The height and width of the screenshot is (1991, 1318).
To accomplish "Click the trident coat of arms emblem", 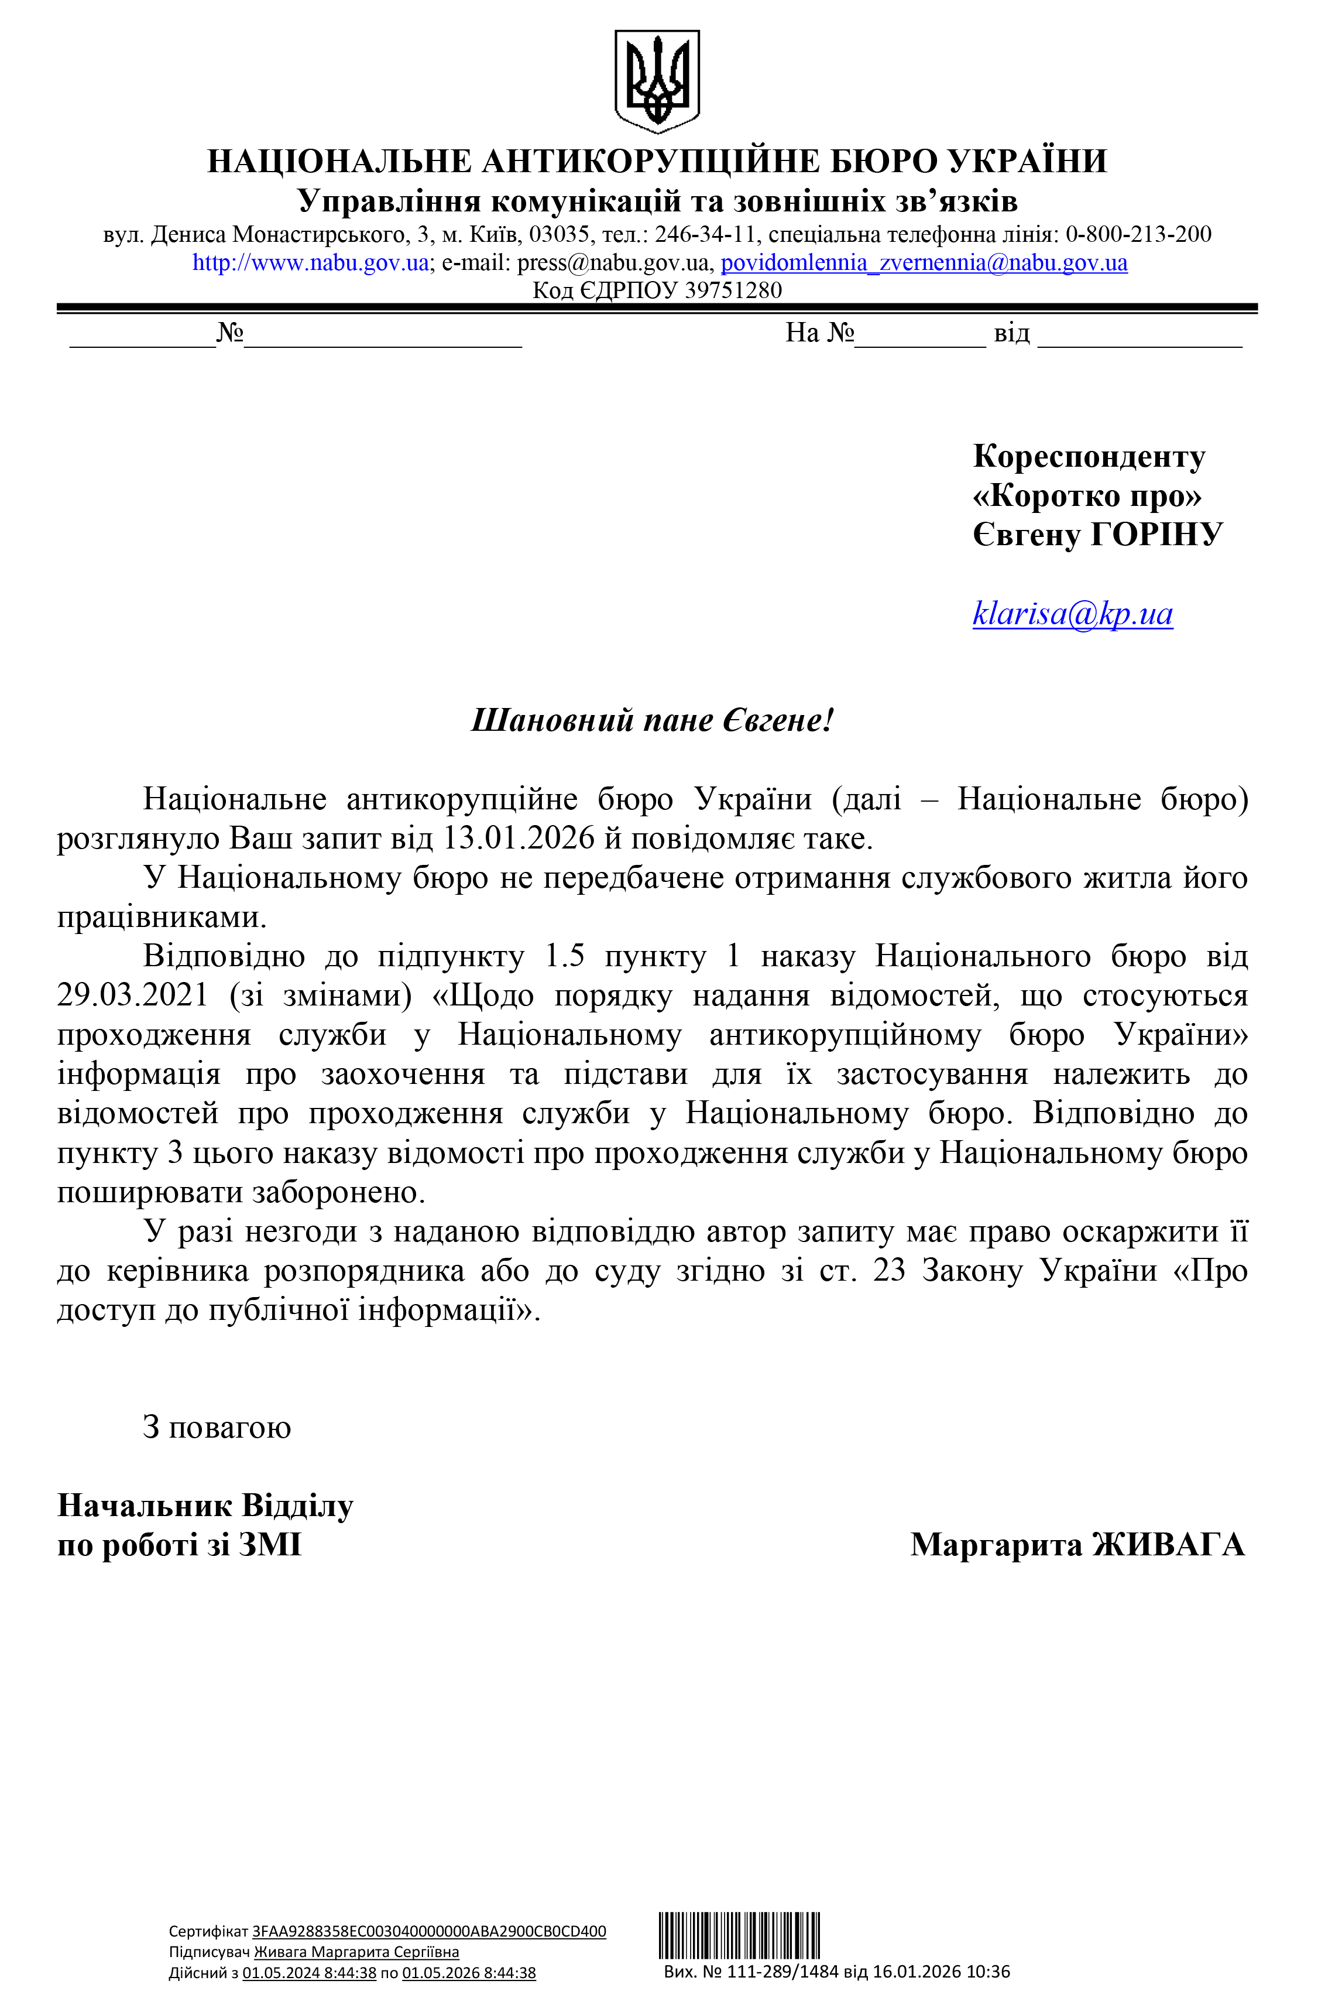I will (657, 81).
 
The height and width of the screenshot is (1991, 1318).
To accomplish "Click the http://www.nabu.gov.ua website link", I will (310, 262).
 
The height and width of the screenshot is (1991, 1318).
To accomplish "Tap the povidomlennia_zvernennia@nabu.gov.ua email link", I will (924, 262).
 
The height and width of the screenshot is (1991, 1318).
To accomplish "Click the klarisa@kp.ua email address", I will (1073, 614).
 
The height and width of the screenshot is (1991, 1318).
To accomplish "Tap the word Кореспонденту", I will (1089, 457).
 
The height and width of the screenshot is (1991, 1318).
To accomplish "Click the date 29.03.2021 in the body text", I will (133, 995).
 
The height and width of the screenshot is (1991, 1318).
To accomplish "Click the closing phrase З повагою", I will (217, 1428).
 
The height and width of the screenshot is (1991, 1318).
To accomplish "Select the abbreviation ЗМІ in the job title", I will (270, 1545).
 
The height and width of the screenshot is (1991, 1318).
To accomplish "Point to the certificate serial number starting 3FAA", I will (428, 1931).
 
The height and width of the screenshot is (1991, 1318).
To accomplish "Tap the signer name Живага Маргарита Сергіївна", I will (356, 1952).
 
